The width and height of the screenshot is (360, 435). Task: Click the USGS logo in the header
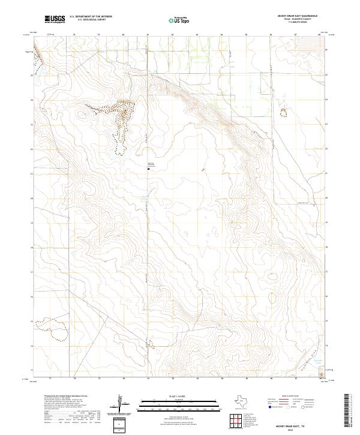pyautogui.click(x=55, y=19)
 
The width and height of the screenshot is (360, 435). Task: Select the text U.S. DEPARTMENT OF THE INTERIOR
pyautogui.click(x=91, y=16)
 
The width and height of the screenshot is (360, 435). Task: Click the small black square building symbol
pyautogui.click(x=149, y=169)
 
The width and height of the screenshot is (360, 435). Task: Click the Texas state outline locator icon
pyautogui.click(x=245, y=401)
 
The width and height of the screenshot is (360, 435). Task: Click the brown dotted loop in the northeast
pyautogui.click(x=283, y=112)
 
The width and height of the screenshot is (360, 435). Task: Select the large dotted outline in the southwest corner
pyautogui.click(x=52, y=329)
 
